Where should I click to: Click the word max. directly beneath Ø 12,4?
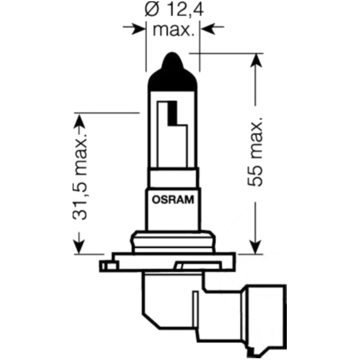pos(173,30)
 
